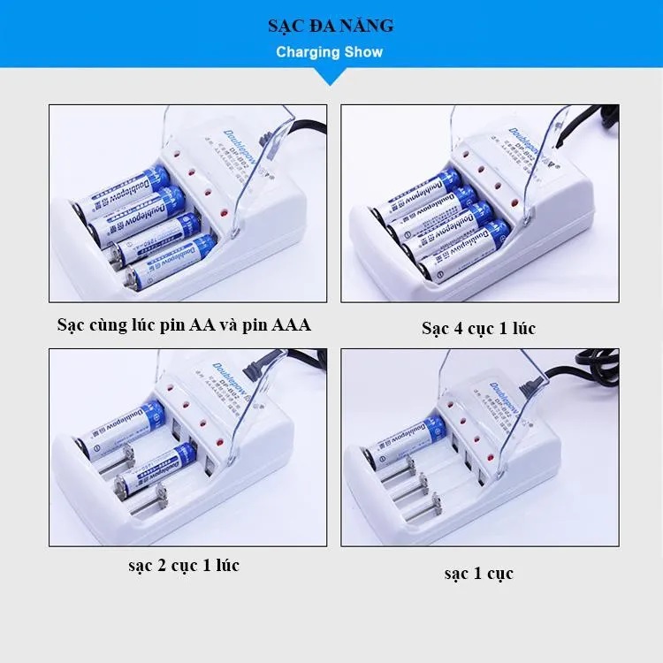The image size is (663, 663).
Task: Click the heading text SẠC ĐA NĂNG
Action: (331, 27)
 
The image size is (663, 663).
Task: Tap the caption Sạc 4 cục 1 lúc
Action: (478, 329)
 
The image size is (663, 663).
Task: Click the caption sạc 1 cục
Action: (478, 573)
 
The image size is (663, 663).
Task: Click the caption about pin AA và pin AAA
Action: (183, 324)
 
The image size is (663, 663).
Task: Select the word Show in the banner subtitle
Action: (363, 52)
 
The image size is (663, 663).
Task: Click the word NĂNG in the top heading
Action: (371, 27)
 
